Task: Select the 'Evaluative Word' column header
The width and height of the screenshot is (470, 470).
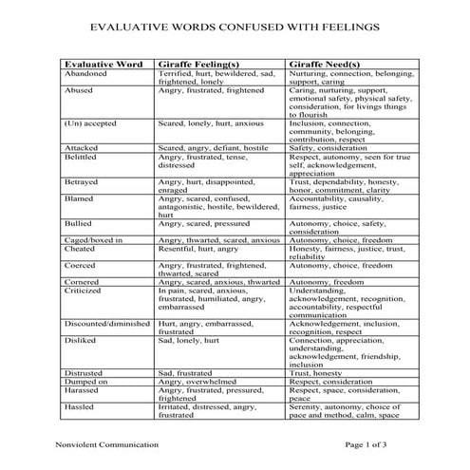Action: pyautogui.click(x=103, y=65)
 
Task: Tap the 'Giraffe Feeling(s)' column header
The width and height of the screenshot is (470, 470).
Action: pyautogui.click(x=203, y=65)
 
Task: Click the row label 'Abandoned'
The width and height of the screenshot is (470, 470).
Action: pyautogui.click(x=87, y=73)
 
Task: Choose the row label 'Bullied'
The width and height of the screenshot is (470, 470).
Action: pyautogui.click(x=80, y=223)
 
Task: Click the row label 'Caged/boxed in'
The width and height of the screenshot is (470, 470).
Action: pyautogui.click(x=93, y=241)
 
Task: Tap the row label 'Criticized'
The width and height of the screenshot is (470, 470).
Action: pyautogui.click(x=85, y=291)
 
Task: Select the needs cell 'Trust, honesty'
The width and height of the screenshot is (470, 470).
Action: pyautogui.click(x=318, y=372)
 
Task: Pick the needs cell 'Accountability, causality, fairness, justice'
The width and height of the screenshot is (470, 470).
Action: pyautogui.click(x=343, y=204)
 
